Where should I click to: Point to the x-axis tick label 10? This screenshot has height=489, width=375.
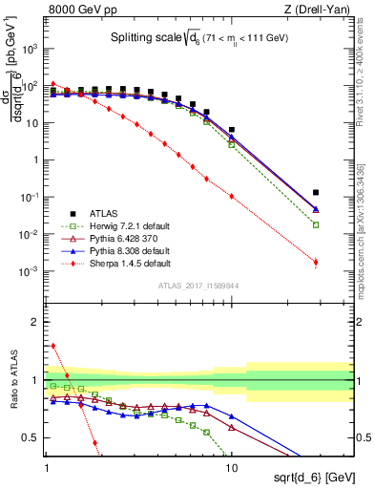click(x=232, y=465)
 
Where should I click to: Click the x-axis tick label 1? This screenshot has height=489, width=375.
click(x=47, y=465)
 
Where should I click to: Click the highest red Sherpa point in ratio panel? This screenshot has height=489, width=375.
click(x=53, y=346)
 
